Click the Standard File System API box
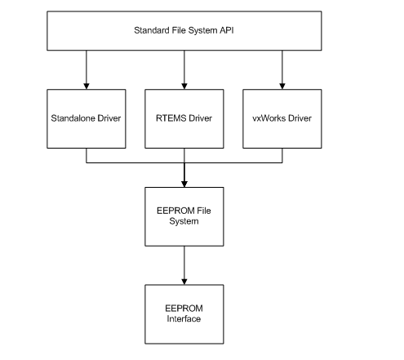[184, 31]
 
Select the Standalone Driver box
[87, 118]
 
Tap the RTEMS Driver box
[184, 118]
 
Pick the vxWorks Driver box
[282, 118]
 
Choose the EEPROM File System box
[184, 216]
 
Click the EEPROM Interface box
[184, 314]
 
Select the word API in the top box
[227, 30]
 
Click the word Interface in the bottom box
[184, 318]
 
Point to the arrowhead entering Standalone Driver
[87, 87]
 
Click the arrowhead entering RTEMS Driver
[184, 87]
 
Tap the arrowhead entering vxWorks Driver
[282, 87]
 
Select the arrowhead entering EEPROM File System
[184, 184]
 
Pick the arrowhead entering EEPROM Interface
[184, 282]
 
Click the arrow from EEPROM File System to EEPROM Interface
[184, 265]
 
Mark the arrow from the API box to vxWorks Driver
[282, 70]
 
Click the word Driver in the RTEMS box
[200, 118]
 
